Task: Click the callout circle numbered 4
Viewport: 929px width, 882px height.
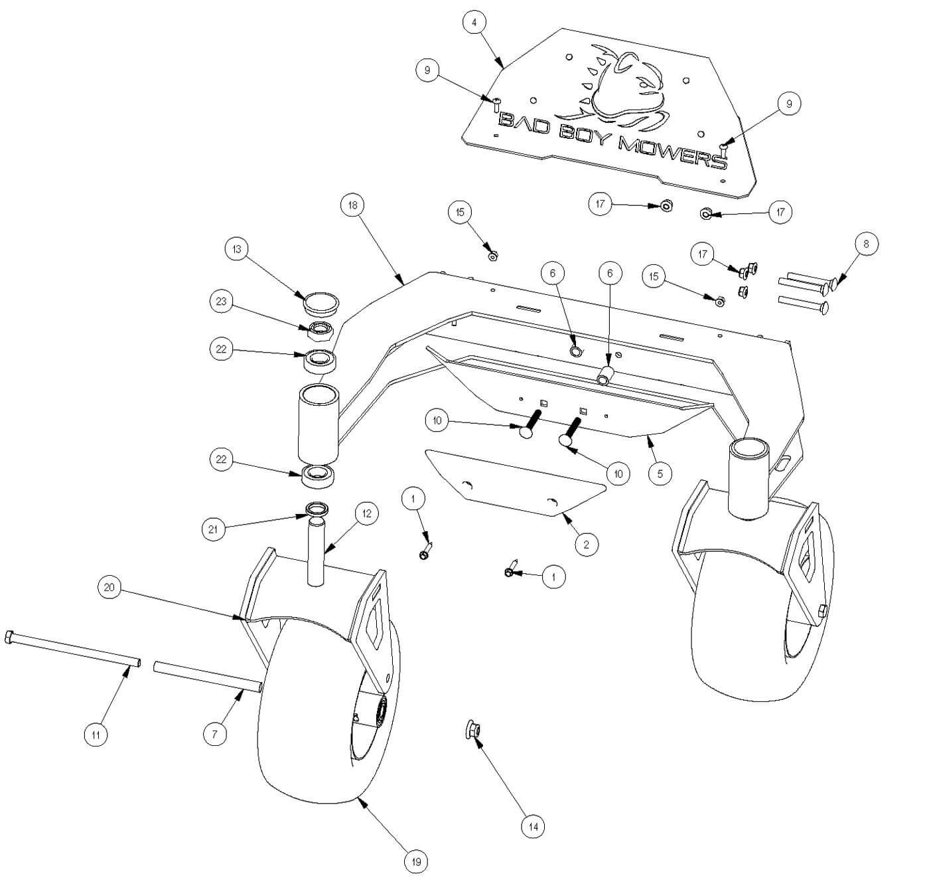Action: click(x=474, y=23)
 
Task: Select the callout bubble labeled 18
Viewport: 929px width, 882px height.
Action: click(x=352, y=205)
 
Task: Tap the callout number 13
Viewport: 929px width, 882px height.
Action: click(x=236, y=249)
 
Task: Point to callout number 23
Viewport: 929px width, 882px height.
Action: click(x=221, y=302)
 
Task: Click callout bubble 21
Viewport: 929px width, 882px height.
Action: click(x=212, y=529)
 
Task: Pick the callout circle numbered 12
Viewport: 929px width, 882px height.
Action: click(x=366, y=513)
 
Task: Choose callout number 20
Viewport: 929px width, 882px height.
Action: click(x=109, y=588)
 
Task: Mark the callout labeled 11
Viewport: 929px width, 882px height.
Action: click(x=96, y=734)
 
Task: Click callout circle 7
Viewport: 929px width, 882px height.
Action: click(x=214, y=734)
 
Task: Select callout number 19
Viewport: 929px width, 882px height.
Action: click(x=417, y=862)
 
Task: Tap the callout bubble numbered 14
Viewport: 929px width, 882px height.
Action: click(x=532, y=827)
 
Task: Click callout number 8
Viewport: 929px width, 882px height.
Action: click(x=866, y=244)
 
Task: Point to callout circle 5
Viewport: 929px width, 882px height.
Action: click(x=660, y=474)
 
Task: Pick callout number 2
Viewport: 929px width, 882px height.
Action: click(x=586, y=545)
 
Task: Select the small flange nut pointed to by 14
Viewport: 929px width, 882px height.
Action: click(x=475, y=730)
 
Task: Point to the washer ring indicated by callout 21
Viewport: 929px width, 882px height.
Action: click(x=317, y=510)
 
